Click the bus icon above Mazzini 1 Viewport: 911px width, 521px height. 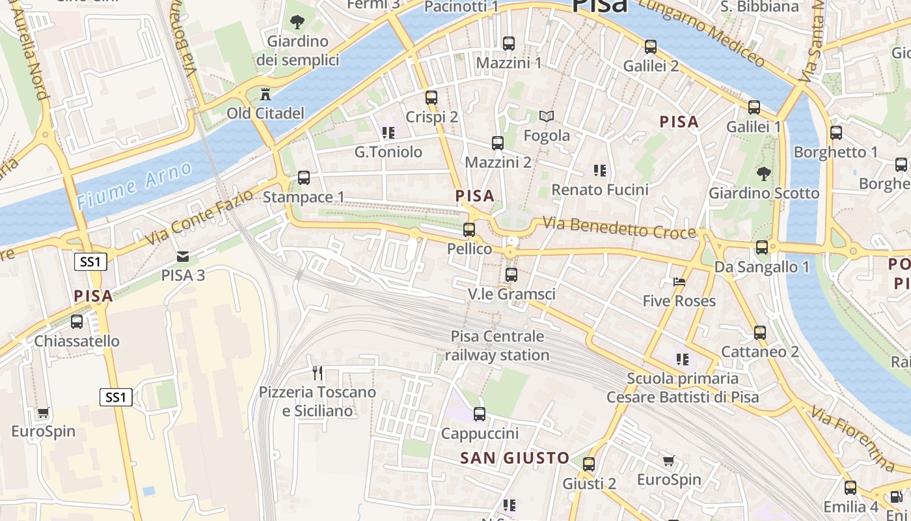coord(509,44)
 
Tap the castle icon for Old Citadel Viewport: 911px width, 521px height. coord(265,94)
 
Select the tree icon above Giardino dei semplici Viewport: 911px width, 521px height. coord(297,22)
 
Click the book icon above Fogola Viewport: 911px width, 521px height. coord(547,117)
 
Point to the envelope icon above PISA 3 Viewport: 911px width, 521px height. coord(183,256)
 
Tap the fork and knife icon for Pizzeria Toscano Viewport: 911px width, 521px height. coord(318,373)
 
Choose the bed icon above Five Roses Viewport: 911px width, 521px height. coord(679,282)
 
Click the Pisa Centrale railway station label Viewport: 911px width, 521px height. coord(498,346)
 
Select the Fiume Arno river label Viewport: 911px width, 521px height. coord(135,186)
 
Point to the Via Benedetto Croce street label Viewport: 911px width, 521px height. coord(619,228)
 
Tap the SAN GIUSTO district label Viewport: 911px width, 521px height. coord(515,458)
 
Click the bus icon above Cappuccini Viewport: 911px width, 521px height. coord(480,414)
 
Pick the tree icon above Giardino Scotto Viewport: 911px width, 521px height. coord(763,173)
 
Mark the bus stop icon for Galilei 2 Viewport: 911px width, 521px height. coord(651,47)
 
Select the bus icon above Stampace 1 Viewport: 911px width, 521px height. coord(303,178)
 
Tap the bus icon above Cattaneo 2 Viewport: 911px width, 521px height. coord(759,333)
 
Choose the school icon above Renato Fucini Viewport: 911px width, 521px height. coord(599,171)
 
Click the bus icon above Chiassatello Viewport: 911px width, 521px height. coord(77,322)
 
